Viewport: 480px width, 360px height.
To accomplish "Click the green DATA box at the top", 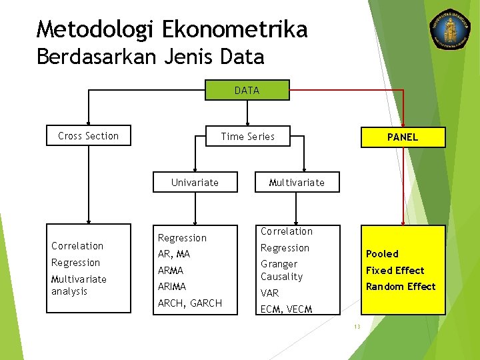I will [247, 90].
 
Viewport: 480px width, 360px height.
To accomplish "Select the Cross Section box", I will [88, 136].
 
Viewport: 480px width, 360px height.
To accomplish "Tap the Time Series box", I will [247, 137].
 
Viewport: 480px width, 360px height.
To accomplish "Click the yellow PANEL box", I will [403, 137].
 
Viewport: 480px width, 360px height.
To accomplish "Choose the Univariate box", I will [195, 182].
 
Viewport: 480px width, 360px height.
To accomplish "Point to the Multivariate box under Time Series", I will [297, 182].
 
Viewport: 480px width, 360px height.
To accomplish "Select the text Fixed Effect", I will [395, 270].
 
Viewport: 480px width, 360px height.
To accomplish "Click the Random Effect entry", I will [401, 287].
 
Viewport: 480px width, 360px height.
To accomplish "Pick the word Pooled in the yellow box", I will [382, 254].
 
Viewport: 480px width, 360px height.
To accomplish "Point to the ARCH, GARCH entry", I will [189, 303].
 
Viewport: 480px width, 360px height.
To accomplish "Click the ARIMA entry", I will [172, 287].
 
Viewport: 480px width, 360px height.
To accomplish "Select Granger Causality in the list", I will [281, 270].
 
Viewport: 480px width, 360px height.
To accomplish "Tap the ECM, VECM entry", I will [286, 309].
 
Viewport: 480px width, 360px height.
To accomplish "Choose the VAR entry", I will [269, 293].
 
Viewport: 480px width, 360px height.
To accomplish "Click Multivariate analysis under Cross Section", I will [79, 285].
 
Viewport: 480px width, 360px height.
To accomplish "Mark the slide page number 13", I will [357, 326].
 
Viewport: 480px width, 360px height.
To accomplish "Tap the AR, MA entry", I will [173, 254].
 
